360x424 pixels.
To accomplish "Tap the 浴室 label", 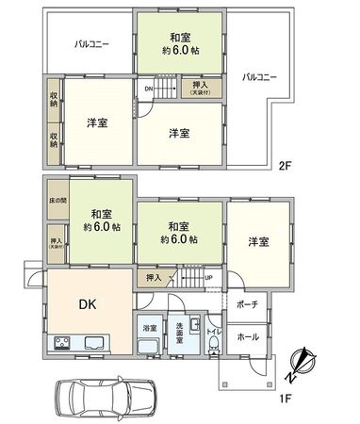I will (149, 327).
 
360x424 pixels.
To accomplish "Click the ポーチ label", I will (248, 304).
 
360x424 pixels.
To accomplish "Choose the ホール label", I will (247, 336).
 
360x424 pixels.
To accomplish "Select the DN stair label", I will (149, 90).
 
